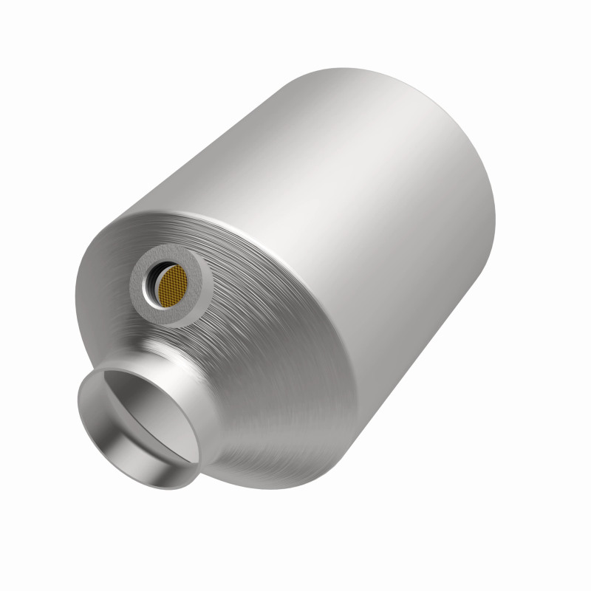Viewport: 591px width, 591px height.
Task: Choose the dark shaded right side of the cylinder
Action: click(443, 295)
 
